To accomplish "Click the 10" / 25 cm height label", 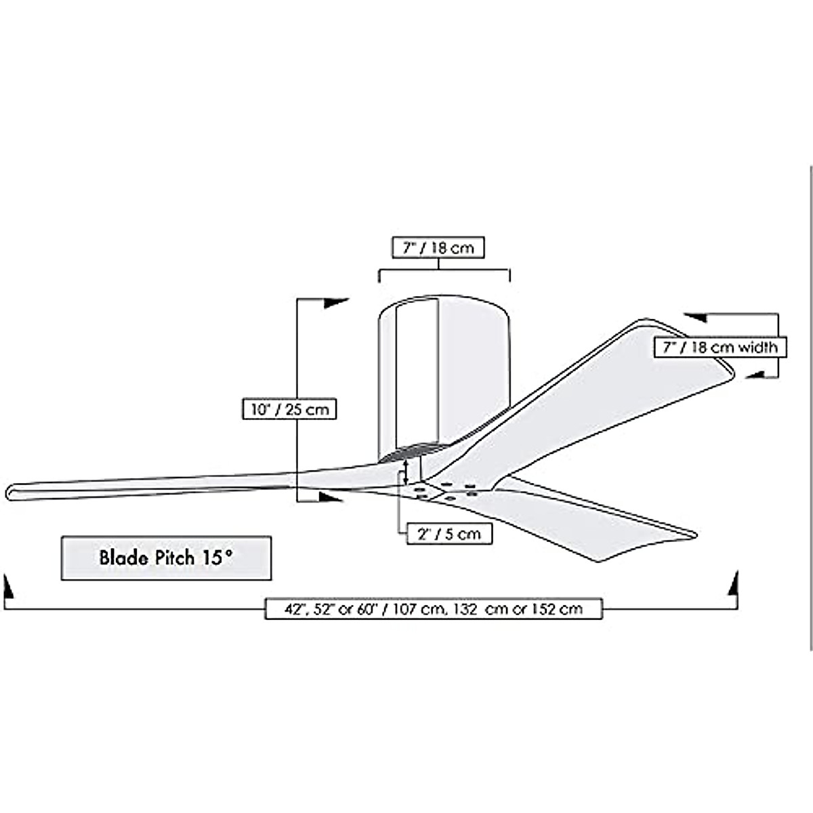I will (289, 409).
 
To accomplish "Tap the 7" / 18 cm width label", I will (720, 348).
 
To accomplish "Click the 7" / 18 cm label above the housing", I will (439, 248).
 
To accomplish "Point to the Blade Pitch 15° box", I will (166, 558).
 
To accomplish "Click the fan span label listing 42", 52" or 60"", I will (434, 608).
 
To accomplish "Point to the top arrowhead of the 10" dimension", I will (335, 303).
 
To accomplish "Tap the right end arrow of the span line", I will (732, 584).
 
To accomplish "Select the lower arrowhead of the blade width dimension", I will (755, 373).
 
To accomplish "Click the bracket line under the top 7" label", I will (444, 270).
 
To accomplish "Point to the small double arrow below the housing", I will (405, 472).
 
